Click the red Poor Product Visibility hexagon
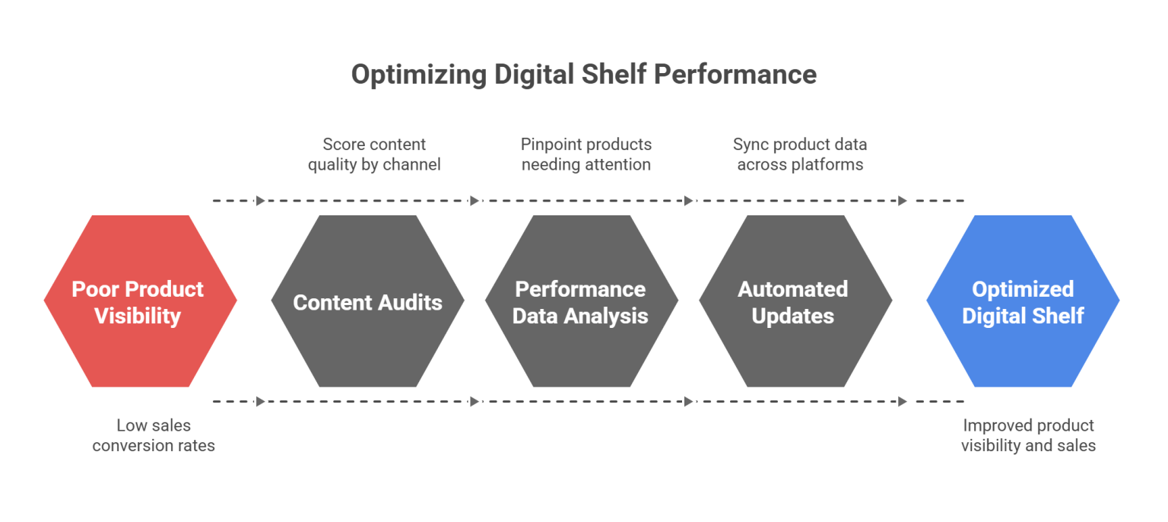pyautogui.click(x=140, y=335)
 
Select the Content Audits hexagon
pyautogui.click(x=368, y=342)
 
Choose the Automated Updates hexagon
pyautogui.click(x=795, y=350)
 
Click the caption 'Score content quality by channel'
pyautogui.click(x=374, y=154)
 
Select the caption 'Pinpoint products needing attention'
pyautogui.click(x=586, y=154)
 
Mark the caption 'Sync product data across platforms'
pyautogui.click(x=799, y=154)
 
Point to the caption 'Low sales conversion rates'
pyautogui.click(x=154, y=435)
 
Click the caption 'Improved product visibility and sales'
pyautogui.click(x=1028, y=435)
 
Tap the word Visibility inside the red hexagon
pyautogui.click(x=138, y=316)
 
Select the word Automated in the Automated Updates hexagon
pyautogui.click(x=792, y=289)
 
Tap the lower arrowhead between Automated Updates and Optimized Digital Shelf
pyautogui.click(x=903, y=401)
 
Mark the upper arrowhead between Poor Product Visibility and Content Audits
pyautogui.click(x=261, y=201)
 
